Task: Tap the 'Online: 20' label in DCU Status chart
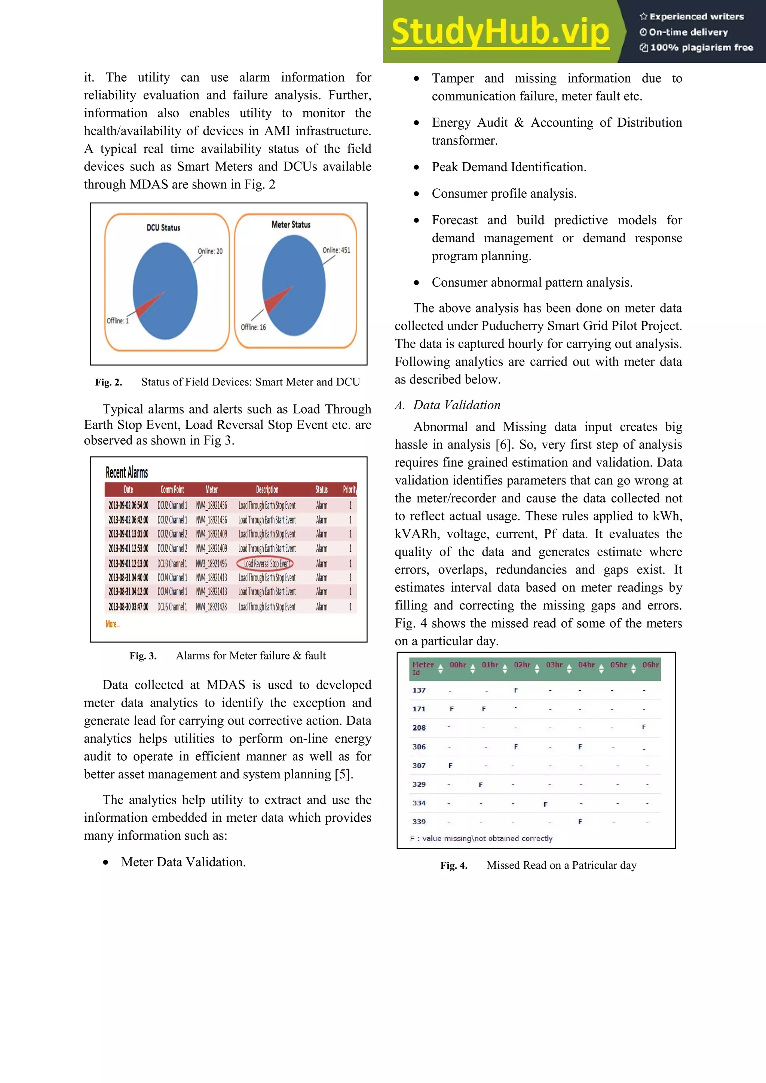click(x=210, y=251)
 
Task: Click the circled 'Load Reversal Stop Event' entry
click(x=265, y=563)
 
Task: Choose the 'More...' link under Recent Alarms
click(x=112, y=624)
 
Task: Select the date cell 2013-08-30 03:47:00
click(x=128, y=607)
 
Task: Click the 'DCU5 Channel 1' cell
click(x=172, y=607)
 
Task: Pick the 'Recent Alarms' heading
click(x=126, y=472)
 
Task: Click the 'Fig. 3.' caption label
click(x=143, y=656)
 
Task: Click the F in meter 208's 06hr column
click(x=644, y=727)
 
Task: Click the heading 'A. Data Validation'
click(x=447, y=405)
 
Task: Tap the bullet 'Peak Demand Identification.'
click(x=508, y=167)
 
